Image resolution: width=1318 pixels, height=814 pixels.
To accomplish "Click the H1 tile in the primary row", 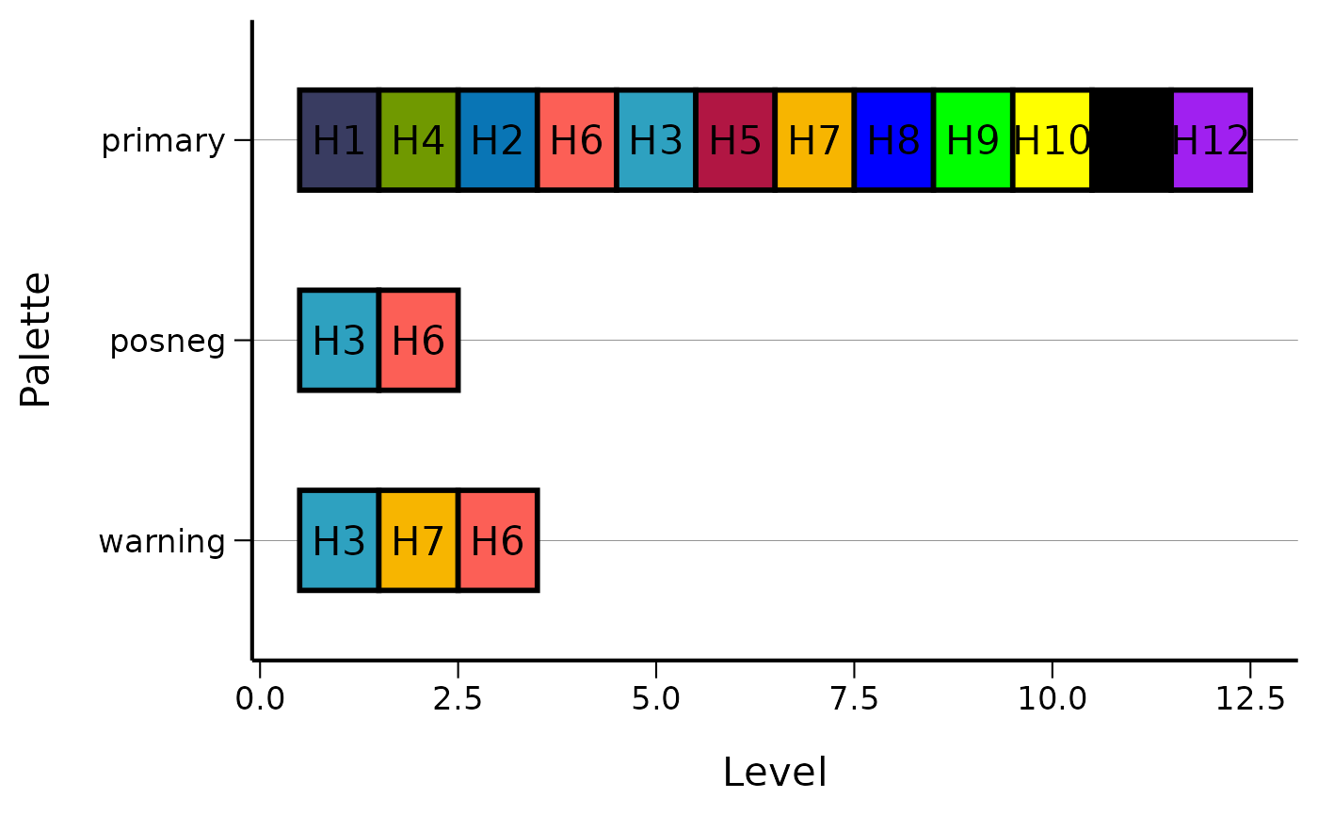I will coord(339,140).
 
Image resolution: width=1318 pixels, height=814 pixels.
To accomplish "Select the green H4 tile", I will coord(418,140).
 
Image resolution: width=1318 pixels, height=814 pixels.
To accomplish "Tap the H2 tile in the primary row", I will coord(497,140).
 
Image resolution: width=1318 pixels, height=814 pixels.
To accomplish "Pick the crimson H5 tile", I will coord(735,140).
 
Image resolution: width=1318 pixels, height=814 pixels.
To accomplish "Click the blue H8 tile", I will coord(893,140).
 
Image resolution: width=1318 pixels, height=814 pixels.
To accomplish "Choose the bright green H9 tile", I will coord(972,140).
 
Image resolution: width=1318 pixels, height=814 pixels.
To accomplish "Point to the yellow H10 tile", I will coord(1052,140).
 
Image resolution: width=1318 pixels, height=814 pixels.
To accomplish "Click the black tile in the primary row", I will coord(1132,140).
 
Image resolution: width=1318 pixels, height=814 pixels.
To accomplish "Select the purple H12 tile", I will coord(1211,140).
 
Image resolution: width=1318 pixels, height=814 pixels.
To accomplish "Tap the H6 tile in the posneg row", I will coord(418,341).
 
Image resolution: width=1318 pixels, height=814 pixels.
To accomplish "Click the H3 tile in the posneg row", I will coord(339,341).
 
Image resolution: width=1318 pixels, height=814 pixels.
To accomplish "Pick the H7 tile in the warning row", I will coord(418,541).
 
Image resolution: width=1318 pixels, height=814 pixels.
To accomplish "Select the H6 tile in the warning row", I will coord(497,541).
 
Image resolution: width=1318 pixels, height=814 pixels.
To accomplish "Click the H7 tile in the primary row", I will coord(814,140).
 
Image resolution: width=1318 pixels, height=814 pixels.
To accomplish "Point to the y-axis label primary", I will coord(163,141).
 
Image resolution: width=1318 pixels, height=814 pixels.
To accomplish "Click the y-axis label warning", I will coord(162,542).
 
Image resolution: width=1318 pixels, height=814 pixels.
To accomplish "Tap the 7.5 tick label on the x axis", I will coord(854,699).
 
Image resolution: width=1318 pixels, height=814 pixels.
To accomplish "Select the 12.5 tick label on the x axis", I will coord(1250,699).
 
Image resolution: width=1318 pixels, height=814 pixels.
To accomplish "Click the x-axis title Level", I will coord(775,773).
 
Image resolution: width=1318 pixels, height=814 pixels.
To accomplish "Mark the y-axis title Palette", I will coord(36,340).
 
